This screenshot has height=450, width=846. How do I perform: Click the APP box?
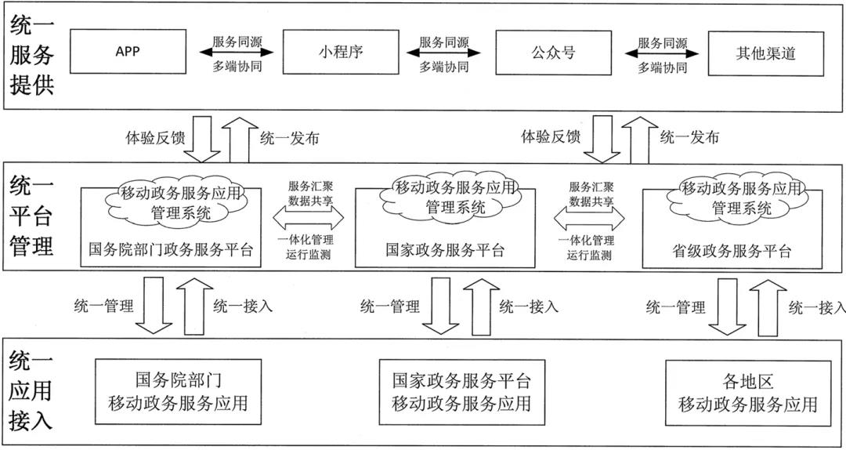tap(128, 53)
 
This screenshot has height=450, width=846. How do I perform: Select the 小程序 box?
tap(340, 53)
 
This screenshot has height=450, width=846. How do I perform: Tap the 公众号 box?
tap(553, 53)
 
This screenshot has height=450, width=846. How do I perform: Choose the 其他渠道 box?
tap(765, 53)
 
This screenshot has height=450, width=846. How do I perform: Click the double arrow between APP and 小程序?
tap(237, 53)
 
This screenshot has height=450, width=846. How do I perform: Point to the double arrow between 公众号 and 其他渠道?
tap(661, 53)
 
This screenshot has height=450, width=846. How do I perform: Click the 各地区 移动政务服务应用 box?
tap(747, 394)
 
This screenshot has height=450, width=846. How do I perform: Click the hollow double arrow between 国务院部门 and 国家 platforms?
tap(308, 218)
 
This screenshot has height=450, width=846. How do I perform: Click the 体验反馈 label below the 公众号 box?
tap(551, 137)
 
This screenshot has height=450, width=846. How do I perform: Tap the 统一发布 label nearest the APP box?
tap(290, 138)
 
